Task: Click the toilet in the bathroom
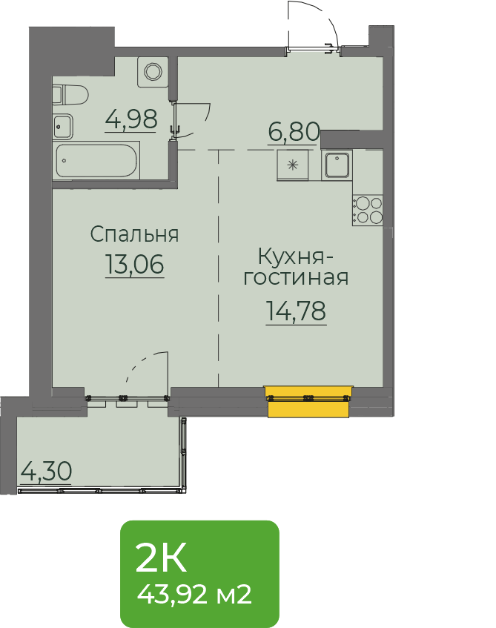70,95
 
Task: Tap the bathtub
97,160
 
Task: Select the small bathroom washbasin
63,127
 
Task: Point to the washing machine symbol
153,72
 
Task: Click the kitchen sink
337,165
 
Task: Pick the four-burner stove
368,211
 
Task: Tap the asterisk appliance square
292,165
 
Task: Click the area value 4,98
131,119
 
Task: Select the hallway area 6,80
294,132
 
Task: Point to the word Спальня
134,234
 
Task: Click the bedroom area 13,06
135,265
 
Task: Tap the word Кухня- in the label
296,257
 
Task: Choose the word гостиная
296,277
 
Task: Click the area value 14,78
296,311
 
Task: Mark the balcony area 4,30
46,472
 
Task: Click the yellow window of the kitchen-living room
308,401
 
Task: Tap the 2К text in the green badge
161,558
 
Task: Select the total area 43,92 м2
194,595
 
